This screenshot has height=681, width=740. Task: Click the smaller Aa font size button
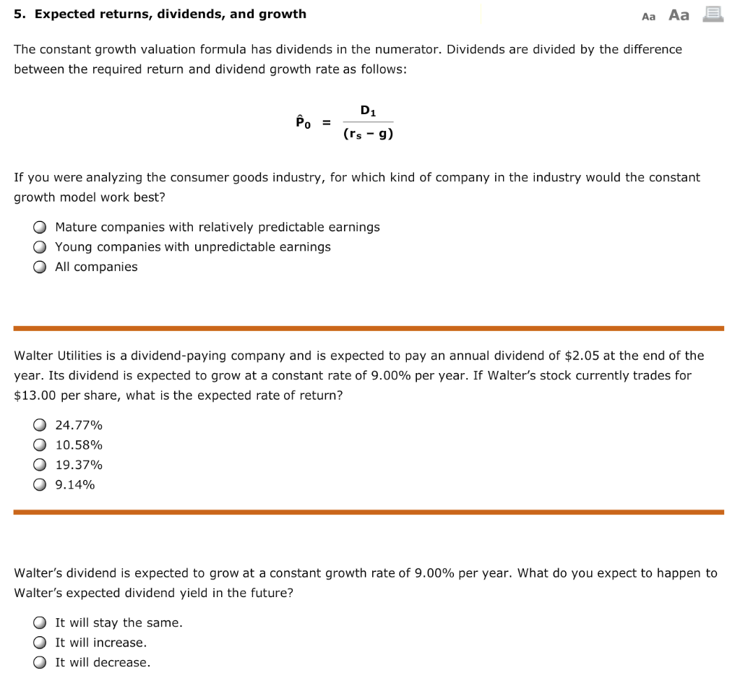tap(648, 17)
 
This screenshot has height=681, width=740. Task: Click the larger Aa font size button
tap(679, 15)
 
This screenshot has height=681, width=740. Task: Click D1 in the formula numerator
tap(368, 111)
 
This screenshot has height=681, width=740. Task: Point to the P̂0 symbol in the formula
tap(302, 122)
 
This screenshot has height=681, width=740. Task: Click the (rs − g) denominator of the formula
tap(368, 134)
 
